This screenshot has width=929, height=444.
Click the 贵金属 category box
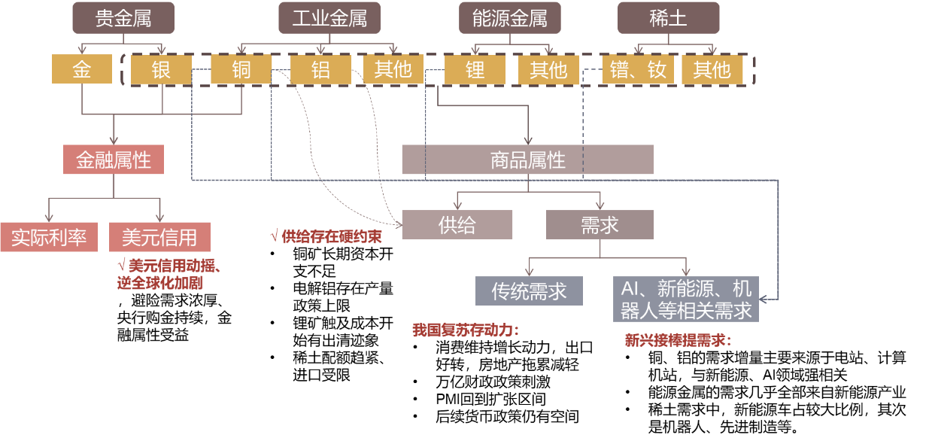tap(123, 18)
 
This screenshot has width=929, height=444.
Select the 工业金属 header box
tap(329, 18)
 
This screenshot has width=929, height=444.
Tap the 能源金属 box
tap(510, 18)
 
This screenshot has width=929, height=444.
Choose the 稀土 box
tap(668, 18)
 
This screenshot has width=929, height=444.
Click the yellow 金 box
tap(81, 70)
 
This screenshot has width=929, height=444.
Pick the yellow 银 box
tap(161, 70)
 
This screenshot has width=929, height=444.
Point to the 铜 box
tap(241, 70)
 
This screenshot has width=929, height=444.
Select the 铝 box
tap(321, 70)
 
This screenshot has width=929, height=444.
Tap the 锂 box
tap(475, 70)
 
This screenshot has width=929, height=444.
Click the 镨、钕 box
tap(638, 70)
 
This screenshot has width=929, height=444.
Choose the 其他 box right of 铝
tap(393, 70)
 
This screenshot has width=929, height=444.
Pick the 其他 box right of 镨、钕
tap(712, 70)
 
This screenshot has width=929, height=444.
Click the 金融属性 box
tap(114, 160)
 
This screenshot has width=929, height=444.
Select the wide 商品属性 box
tap(527, 160)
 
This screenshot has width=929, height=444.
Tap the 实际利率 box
tap(49, 237)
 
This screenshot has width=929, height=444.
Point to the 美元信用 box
tap(159, 237)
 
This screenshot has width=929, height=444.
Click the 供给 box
tap(457, 225)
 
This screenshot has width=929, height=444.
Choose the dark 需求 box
tap(600, 225)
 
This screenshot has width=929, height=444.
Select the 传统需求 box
tap(529, 291)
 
